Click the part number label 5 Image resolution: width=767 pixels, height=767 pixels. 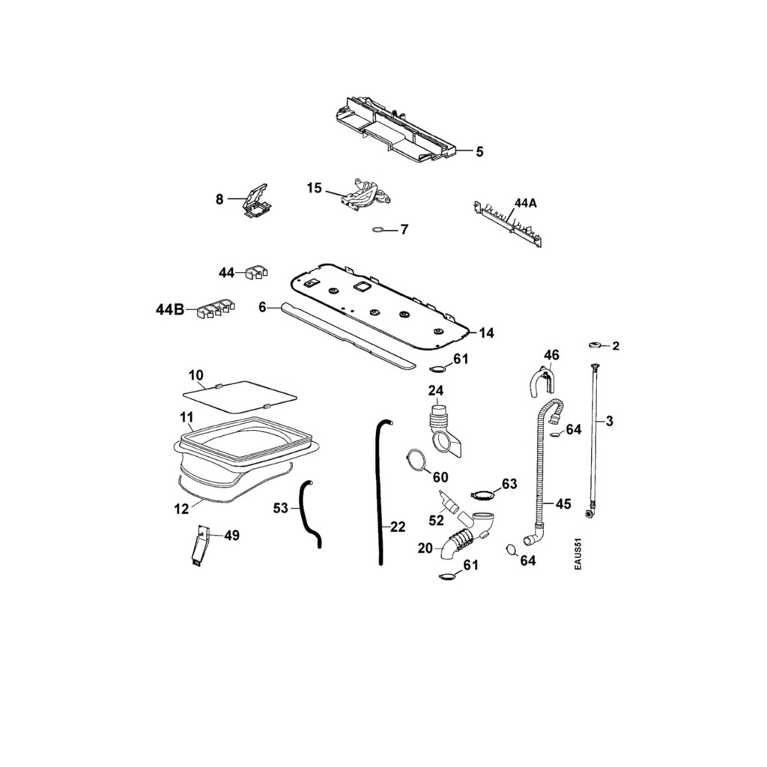(x=479, y=152)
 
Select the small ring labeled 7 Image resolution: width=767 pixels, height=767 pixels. (x=380, y=229)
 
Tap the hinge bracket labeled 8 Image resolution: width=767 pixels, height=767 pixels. (x=257, y=201)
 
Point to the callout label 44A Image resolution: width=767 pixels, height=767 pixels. (x=526, y=203)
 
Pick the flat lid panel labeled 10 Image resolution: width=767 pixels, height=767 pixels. (x=240, y=395)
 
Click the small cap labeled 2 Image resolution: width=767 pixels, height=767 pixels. (x=596, y=345)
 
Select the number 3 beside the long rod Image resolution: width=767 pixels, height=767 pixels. (x=610, y=422)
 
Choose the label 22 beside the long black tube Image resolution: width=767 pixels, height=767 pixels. (x=398, y=527)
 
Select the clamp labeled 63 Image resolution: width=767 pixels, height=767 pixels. (x=483, y=494)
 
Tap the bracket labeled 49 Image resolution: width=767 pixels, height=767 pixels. (x=198, y=545)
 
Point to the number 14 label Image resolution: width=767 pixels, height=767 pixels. (x=486, y=333)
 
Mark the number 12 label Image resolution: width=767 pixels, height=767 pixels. (x=181, y=509)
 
